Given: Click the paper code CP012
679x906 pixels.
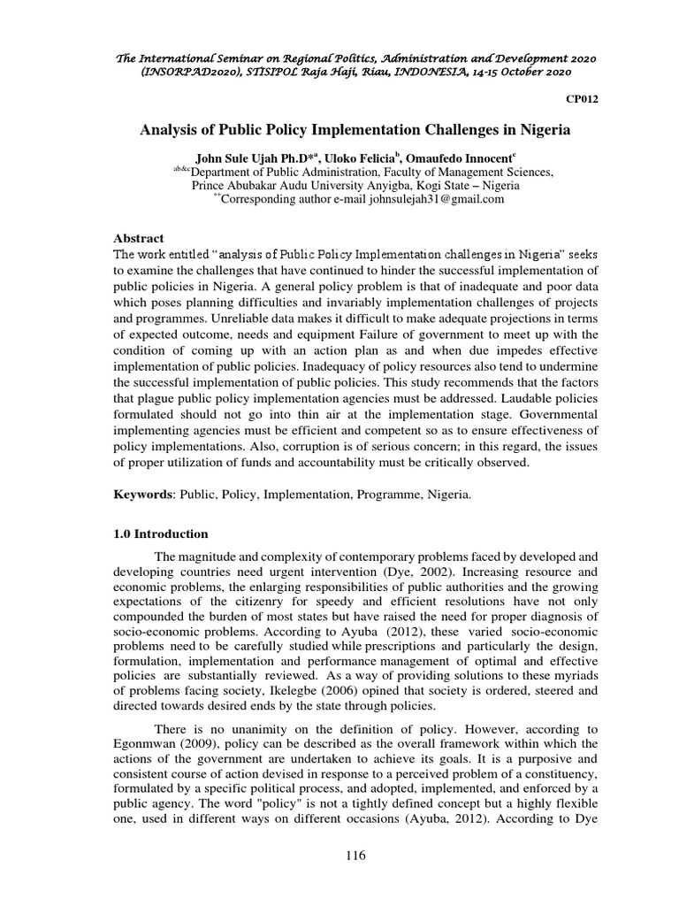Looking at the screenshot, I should point(582,99).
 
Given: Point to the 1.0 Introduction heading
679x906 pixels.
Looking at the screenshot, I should point(161,534).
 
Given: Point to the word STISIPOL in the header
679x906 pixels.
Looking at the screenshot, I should point(253,71).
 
